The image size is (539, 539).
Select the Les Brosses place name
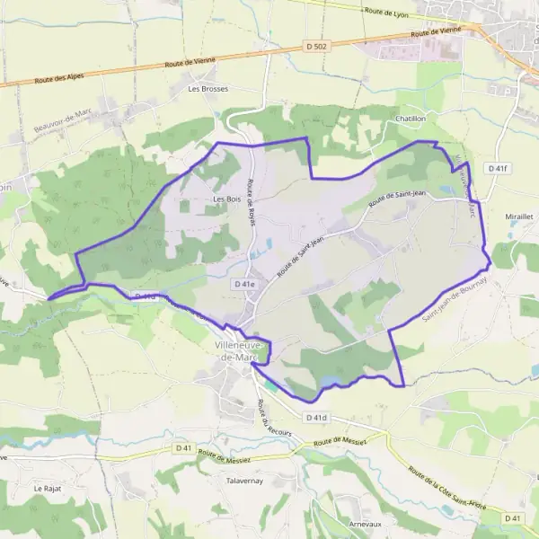click(208, 89)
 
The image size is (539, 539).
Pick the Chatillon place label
click(410, 119)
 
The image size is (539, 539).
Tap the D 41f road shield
click(497, 168)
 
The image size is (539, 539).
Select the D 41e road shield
click(244, 284)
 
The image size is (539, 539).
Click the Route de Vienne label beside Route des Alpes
click(196, 62)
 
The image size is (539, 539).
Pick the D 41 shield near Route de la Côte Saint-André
click(513, 518)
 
